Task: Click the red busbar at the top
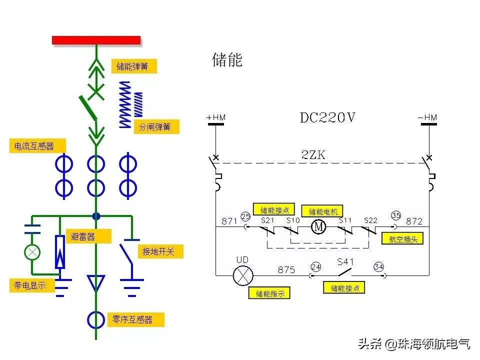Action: click(96, 40)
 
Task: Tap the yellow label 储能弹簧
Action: click(133, 66)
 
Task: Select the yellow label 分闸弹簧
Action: click(156, 127)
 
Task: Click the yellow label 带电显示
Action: click(31, 285)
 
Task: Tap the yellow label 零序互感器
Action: click(135, 319)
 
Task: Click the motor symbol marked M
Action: click(318, 227)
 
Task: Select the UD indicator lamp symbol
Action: click(243, 275)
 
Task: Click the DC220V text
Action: click(327, 117)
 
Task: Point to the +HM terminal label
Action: click(216, 117)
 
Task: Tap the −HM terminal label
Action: click(427, 117)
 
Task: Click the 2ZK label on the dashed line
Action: click(313, 155)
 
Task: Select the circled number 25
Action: click(245, 216)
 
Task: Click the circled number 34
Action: click(378, 267)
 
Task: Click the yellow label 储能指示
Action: click(269, 293)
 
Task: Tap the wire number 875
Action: click(286, 269)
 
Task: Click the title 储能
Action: click(227, 60)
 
